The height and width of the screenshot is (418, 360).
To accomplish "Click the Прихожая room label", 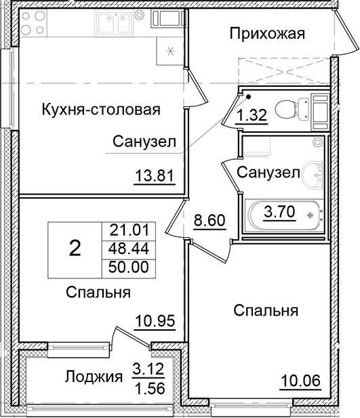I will coord(266,33).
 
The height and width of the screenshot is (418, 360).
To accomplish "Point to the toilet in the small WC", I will coord(291,107).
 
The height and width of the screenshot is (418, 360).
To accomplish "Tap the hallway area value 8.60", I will coord(209,221).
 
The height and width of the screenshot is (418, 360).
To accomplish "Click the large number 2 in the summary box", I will coord(75,249).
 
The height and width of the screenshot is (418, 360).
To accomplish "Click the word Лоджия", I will coord(94,377).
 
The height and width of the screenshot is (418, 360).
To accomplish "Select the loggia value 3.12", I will coord(148,370).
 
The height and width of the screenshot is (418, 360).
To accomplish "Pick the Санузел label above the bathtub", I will coord(268,173).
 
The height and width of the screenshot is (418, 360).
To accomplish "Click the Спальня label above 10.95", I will coord(98,292).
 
